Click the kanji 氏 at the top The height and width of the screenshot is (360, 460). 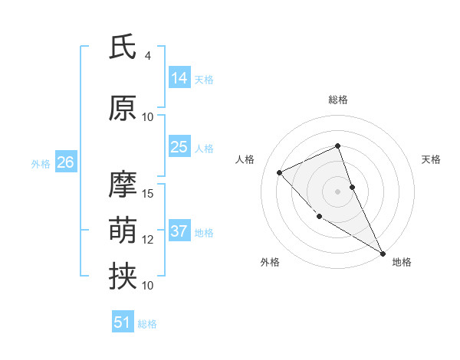point(123,47)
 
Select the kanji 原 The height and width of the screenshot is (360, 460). point(123,109)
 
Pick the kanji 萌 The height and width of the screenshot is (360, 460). point(123,231)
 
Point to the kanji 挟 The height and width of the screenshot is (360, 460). point(123,277)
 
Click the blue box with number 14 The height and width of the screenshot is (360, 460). point(179,78)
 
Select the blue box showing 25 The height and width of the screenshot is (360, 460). point(179,147)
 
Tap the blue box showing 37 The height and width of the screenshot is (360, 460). point(179,231)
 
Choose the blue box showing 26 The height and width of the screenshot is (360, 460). point(65,162)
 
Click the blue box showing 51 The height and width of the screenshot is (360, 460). point(123,322)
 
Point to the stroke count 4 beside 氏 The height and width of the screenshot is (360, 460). point(148,56)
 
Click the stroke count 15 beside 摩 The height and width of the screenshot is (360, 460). point(148,193)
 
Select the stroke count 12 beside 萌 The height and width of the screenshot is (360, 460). point(148,240)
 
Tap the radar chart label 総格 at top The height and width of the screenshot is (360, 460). point(338,100)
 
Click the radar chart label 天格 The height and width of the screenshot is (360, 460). point(431,159)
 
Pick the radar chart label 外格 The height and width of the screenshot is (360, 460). point(270,262)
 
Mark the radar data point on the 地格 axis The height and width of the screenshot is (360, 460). point(383,253)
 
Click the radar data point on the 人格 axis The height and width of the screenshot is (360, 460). point(280,172)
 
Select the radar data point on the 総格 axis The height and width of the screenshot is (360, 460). point(338,146)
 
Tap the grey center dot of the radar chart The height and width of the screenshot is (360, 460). point(338,191)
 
